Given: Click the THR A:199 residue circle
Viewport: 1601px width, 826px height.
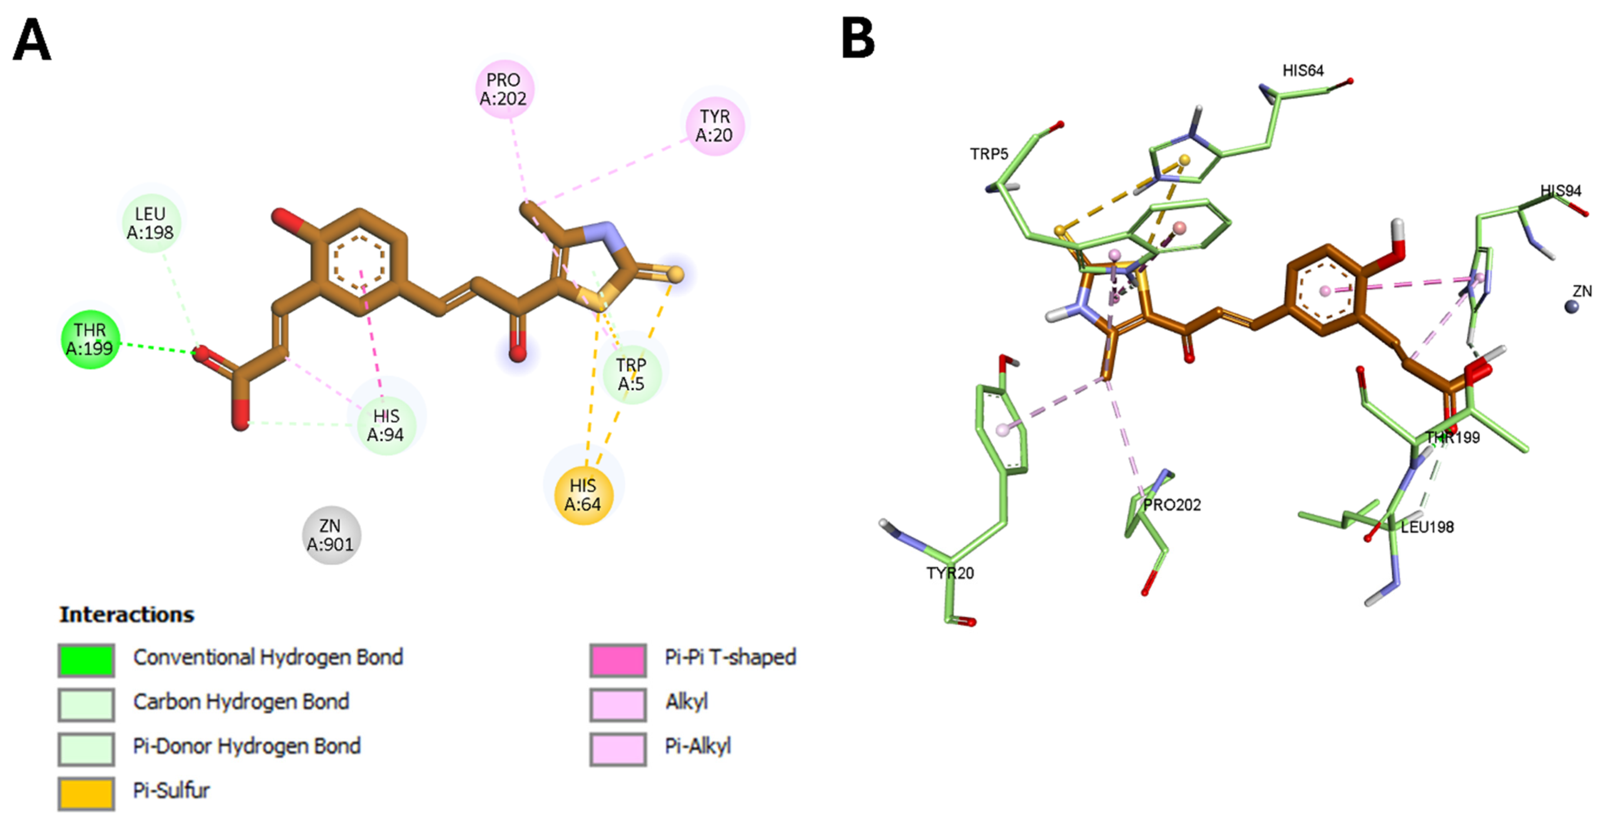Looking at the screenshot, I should [x=90, y=339].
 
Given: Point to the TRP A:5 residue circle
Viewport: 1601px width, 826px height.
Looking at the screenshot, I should [x=631, y=374].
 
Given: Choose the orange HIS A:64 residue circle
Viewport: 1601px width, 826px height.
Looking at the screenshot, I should [x=583, y=495].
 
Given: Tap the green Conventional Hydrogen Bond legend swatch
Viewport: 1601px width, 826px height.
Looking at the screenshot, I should [x=86, y=660].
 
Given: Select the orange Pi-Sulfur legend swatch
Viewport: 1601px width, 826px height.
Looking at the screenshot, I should [x=86, y=793].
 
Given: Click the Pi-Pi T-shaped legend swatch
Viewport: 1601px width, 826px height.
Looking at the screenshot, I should [x=618, y=660].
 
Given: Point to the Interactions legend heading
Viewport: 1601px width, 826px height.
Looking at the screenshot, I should [x=127, y=615].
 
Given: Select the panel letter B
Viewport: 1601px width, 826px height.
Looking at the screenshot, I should [x=858, y=39].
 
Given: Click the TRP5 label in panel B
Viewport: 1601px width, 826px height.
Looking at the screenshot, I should [x=989, y=153].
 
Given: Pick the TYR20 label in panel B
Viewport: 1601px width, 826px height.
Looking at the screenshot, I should [x=950, y=573].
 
